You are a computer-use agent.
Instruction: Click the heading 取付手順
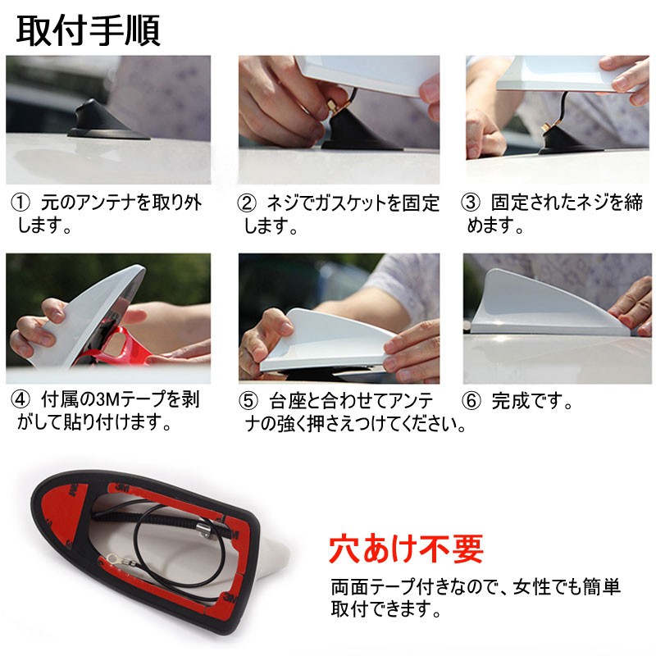[89, 30]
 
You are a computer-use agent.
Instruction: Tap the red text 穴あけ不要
[405, 549]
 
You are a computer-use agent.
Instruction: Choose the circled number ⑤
[248, 402]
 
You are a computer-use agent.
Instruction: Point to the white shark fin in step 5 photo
[328, 336]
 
